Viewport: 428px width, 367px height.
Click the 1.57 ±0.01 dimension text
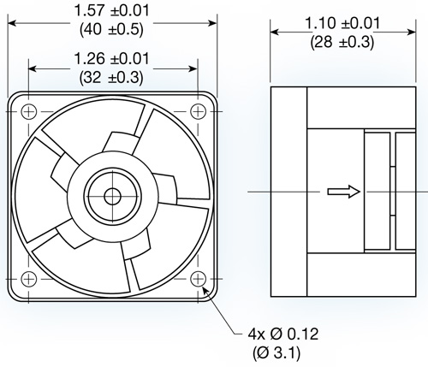pyautogui.click(x=112, y=11)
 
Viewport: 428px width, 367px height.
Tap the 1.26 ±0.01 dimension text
pyautogui.click(x=112, y=59)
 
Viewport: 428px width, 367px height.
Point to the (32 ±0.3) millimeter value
pyautogui.click(x=112, y=76)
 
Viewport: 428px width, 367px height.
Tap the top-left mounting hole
pyautogui.click(x=28, y=110)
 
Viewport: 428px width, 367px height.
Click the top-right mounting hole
pyautogui.click(x=198, y=110)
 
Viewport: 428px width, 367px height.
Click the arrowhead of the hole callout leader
pyautogui.click(x=205, y=289)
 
